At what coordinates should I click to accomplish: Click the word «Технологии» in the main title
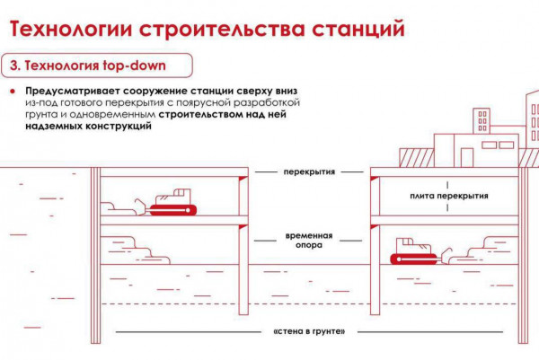71,30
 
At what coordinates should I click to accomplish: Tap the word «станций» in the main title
358,29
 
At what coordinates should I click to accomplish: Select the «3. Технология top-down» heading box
97,66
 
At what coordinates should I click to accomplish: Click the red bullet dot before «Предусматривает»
13,92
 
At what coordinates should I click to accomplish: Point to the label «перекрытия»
309,171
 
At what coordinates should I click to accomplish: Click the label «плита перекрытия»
449,196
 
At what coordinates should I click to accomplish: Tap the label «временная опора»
309,240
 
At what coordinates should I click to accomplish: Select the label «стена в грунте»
309,332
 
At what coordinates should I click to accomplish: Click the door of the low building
467,158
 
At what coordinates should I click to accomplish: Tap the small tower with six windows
482,121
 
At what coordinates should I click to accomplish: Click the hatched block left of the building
416,158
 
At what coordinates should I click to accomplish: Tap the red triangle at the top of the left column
243,179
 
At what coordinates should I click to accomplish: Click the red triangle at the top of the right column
375,179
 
